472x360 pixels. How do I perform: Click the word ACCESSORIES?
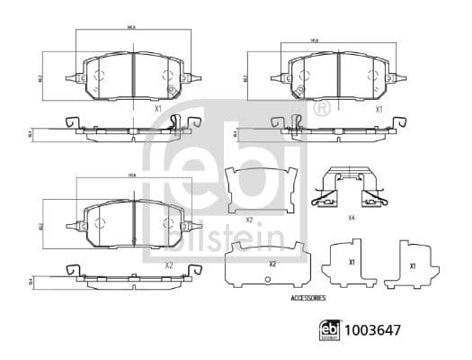click(308, 297)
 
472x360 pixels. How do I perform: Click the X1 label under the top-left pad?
click(159, 109)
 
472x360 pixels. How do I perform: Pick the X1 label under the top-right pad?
click(379, 109)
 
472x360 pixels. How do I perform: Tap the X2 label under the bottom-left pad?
click(168, 265)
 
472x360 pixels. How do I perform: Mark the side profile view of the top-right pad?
click(333, 130)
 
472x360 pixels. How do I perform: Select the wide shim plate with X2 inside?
click(271, 264)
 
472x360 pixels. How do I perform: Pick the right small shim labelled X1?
click(410, 264)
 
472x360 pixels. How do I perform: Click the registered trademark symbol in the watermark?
click(322, 109)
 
